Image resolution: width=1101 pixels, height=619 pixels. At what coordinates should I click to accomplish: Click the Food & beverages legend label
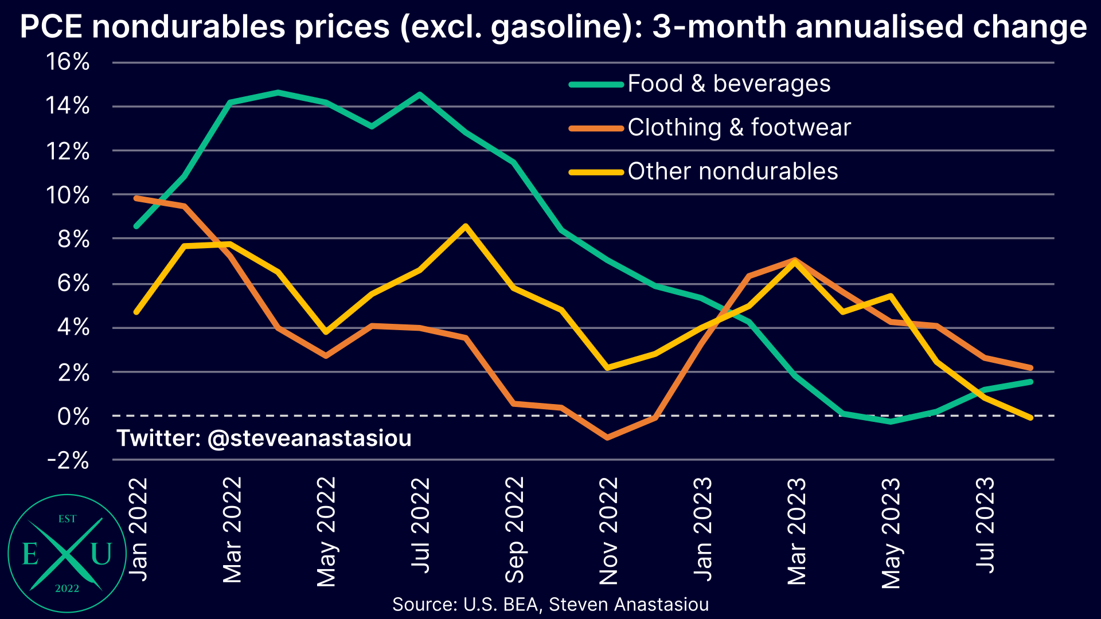728,84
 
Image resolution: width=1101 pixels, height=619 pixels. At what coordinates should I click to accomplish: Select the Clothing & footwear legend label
739,127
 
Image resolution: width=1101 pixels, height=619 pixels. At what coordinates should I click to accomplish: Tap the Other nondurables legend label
732,171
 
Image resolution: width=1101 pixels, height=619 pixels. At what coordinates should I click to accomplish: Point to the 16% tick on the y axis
68,62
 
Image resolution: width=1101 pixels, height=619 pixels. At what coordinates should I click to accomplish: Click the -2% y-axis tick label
68,460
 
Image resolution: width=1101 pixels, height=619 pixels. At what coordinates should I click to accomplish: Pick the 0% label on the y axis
73,417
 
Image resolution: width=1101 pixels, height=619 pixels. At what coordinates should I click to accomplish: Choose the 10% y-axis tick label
68,195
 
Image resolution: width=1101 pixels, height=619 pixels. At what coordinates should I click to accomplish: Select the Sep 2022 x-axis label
514,530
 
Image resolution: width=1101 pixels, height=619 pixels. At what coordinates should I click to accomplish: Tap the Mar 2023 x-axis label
797,531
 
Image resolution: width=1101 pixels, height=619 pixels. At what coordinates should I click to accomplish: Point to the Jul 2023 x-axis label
985,524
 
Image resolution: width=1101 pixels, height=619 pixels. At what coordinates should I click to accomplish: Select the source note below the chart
550,604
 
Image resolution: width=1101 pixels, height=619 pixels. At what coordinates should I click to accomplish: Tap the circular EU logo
67,554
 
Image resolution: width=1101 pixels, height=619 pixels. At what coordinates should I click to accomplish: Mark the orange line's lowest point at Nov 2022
608,438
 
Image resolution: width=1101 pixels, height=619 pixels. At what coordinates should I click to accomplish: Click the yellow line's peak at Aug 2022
466,226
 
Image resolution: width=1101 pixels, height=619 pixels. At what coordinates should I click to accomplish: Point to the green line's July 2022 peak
420,94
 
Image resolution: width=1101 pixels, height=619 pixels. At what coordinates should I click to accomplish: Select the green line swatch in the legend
596,84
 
